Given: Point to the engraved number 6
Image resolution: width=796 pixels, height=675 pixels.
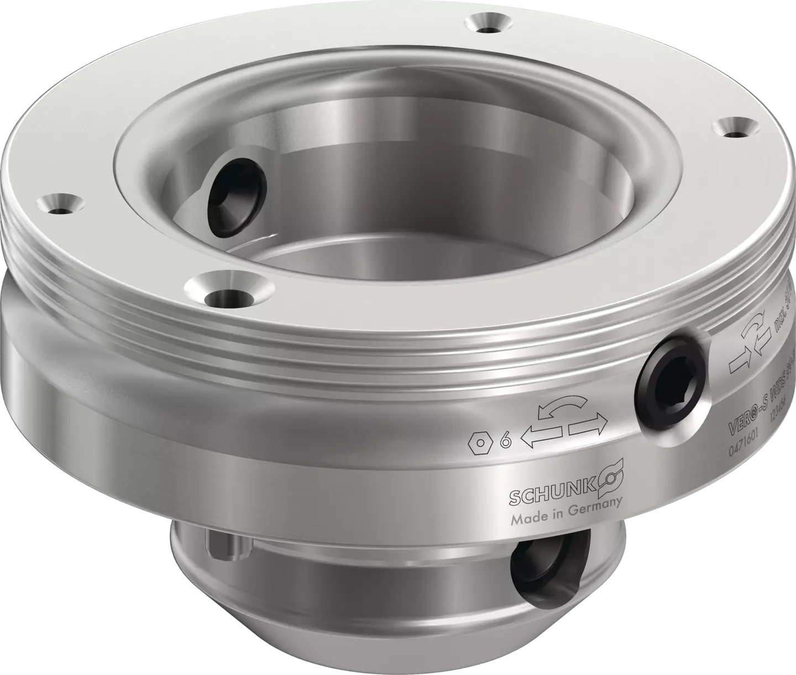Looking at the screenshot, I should [504, 441].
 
